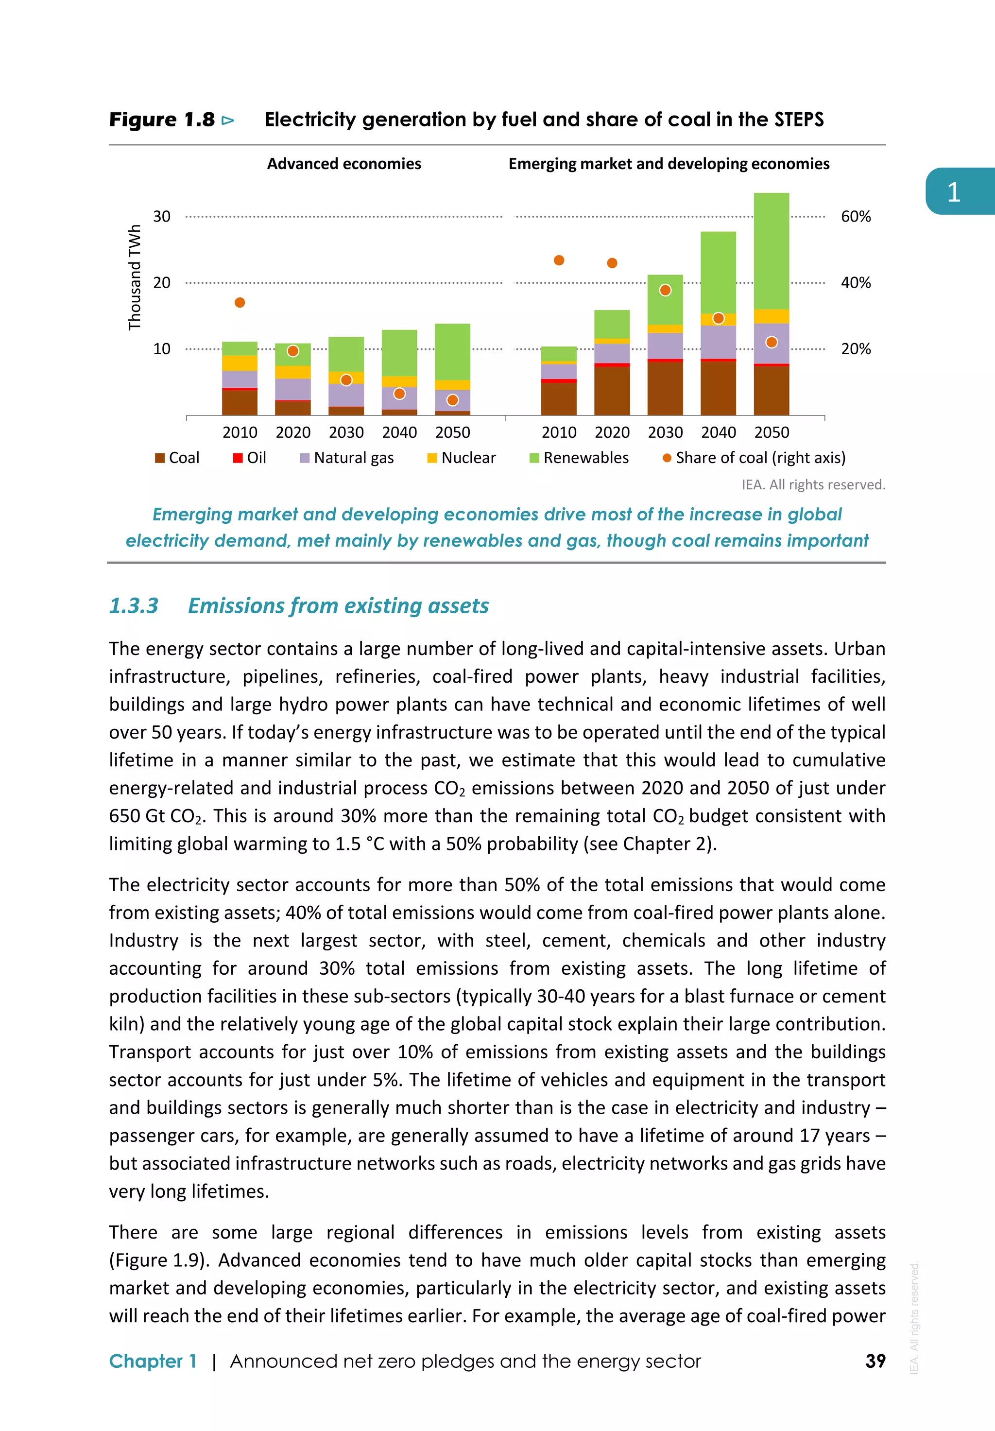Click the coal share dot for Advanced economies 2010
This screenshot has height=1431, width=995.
click(240, 302)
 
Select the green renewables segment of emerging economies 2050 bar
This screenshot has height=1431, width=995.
click(772, 249)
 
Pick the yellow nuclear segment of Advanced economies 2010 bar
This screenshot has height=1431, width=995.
click(240, 363)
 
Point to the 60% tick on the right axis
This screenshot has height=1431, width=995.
click(856, 217)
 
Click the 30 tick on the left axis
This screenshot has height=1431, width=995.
click(161, 217)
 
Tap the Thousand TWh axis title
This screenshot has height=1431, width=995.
click(135, 277)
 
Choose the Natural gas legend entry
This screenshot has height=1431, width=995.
click(347, 458)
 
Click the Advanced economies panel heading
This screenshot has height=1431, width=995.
click(344, 164)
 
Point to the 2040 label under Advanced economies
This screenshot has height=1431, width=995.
click(399, 432)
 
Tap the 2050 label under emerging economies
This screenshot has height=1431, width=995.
click(772, 432)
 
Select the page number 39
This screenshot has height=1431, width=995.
click(875, 1361)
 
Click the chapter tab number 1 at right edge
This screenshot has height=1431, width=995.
click(953, 192)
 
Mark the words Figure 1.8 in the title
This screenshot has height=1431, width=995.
click(162, 120)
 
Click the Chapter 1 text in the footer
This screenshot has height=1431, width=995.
click(153, 1361)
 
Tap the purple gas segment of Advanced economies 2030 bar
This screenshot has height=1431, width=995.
click(346, 395)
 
